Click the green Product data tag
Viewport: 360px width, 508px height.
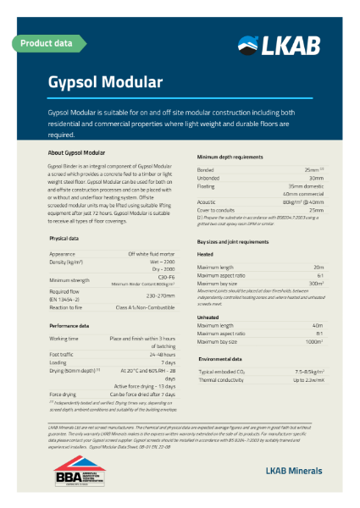[x=46, y=41]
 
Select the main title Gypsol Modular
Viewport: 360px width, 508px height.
[x=104, y=82]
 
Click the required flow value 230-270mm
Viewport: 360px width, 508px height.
[x=161, y=295]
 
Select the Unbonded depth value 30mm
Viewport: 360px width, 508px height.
[x=316, y=179]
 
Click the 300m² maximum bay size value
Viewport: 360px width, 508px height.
[x=315, y=284]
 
